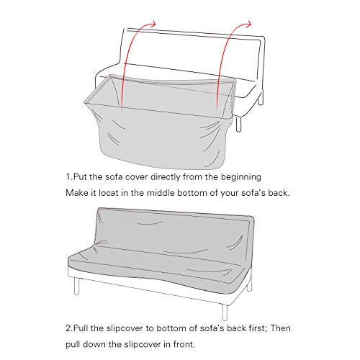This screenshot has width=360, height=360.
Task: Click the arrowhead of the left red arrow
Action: click(153, 23)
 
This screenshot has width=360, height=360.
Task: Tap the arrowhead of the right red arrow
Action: click(249, 24)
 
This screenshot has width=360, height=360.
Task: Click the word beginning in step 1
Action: click(241, 177)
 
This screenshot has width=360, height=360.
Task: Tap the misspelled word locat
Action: click(109, 193)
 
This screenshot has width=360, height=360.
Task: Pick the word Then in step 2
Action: click(281, 328)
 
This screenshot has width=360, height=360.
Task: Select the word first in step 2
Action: click(258, 328)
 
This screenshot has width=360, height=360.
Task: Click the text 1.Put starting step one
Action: click(76, 177)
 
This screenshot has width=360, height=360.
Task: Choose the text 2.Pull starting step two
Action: click(77, 328)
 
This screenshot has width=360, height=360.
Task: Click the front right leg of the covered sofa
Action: click(225, 312)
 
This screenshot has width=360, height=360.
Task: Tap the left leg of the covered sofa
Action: click(76, 286)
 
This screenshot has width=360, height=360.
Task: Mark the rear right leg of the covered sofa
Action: click(250, 285)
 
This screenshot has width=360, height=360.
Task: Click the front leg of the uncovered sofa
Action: click(238, 124)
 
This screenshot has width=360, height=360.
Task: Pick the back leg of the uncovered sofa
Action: click(261, 98)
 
